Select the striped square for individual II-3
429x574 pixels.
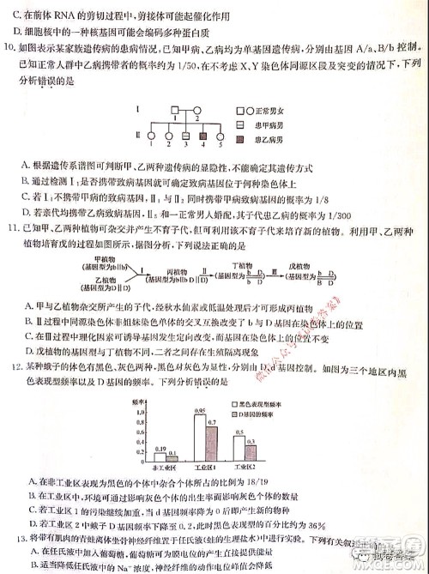[x=183, y=135]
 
